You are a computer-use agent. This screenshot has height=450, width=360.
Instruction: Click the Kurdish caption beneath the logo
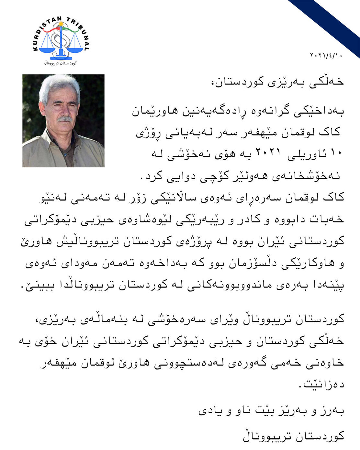[60, 63]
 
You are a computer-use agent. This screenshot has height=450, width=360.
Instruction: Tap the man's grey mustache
[65, 119]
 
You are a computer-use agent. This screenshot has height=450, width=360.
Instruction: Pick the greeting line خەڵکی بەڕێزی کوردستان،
[277, 81]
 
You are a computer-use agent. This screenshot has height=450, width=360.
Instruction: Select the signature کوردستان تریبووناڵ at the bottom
[293, 436]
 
